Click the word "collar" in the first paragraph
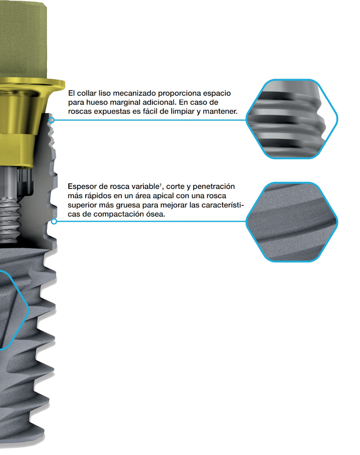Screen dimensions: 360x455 click(86, 93)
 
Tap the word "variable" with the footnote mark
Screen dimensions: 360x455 click(148, 186)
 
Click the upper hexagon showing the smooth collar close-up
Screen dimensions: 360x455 click(292, 119)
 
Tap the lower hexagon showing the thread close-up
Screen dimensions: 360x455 click(292, 222)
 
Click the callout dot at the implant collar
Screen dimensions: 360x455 click(52, 120)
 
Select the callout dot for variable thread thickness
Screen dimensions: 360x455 click(54, 222)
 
